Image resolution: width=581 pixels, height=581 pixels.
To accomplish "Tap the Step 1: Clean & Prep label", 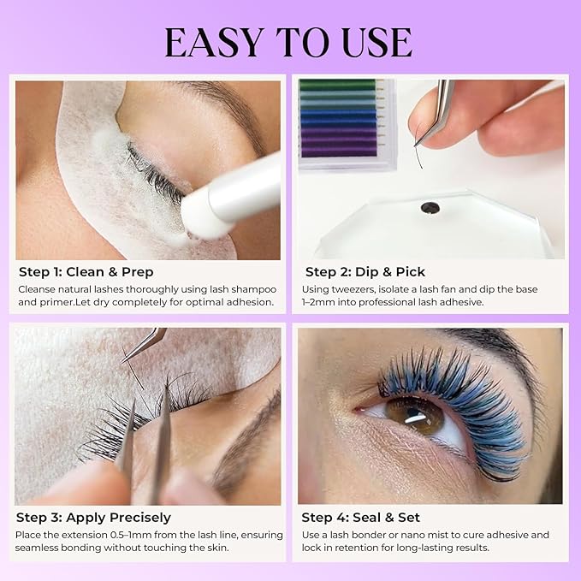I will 86,272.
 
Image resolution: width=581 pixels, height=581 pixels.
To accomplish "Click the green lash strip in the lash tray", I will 337,86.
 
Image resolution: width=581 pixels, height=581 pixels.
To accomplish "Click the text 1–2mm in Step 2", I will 320,302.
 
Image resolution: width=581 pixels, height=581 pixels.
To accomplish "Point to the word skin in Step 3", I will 216,548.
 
